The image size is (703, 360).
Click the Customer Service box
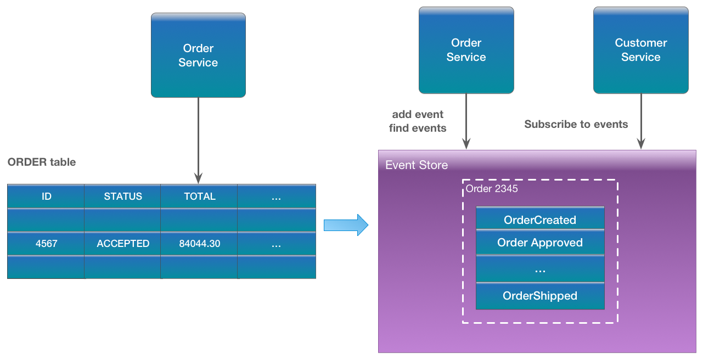(640, 50)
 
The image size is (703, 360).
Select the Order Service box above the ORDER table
(198, 55)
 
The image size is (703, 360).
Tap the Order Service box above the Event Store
(466, 50)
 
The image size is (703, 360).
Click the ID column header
(46, 196)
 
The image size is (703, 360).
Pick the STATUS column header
(123, 196)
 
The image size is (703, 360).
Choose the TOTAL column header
(199, 196)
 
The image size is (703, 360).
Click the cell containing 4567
(46, 244)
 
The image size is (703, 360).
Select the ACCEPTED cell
(123, 244)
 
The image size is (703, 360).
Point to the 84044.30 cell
(199, 244)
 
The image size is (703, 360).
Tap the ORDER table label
(42, 162)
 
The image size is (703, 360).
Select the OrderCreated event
(540, 220)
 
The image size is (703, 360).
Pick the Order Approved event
(540, 243)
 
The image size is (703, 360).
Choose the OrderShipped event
(540, 296)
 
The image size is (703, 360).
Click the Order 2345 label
(492, 189)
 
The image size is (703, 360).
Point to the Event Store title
(417, 165)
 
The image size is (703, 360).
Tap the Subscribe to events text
(576, 125)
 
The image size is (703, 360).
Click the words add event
(418, 115)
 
